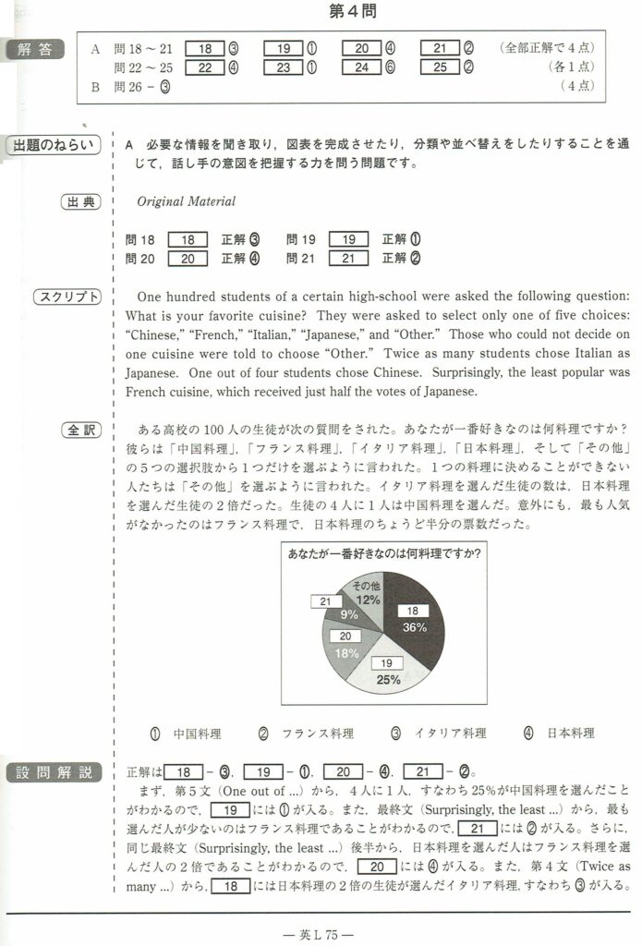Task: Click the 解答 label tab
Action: (x=35, y=49)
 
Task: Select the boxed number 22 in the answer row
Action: (x=204, y=67)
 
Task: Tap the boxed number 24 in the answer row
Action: (x=361, y=67)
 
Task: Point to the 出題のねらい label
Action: (x=55, y=146)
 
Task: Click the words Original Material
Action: (x=186, y=201)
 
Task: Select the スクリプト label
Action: (x=66, y=297)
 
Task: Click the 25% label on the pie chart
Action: (x=388, y=679)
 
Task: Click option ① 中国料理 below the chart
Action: (x=185, y=733)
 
